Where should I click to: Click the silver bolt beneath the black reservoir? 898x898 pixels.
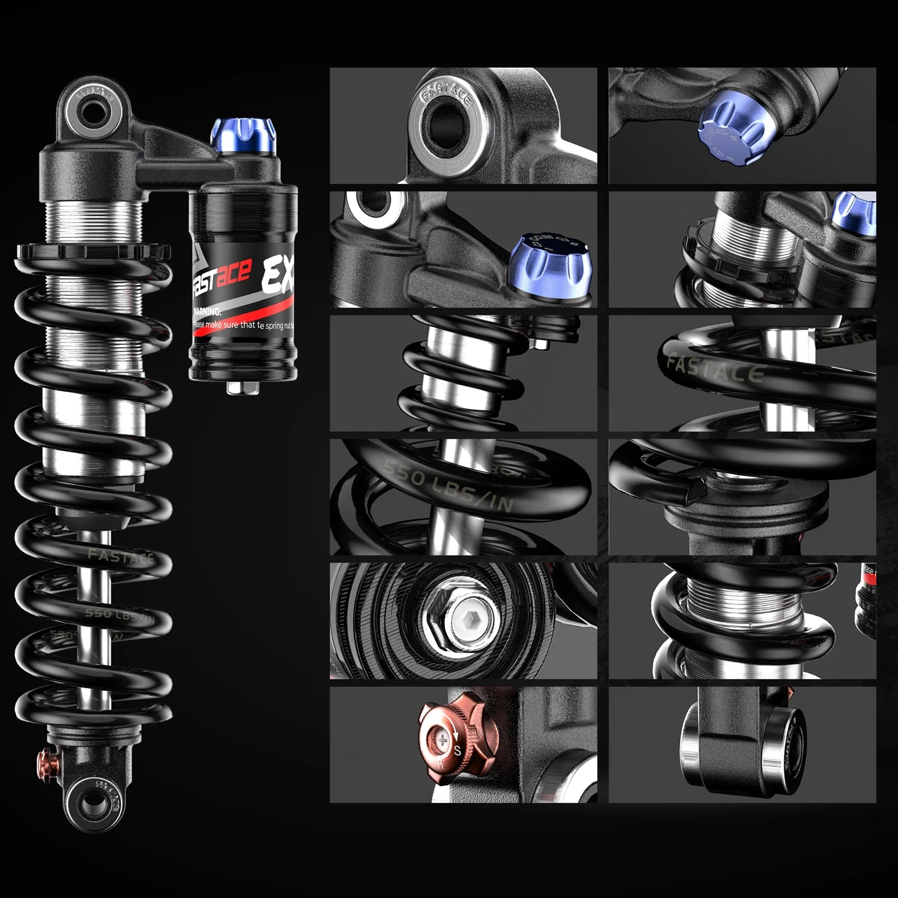242,387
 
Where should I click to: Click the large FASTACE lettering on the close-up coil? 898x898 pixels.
715,368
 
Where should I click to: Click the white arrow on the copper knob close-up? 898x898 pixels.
454,735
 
